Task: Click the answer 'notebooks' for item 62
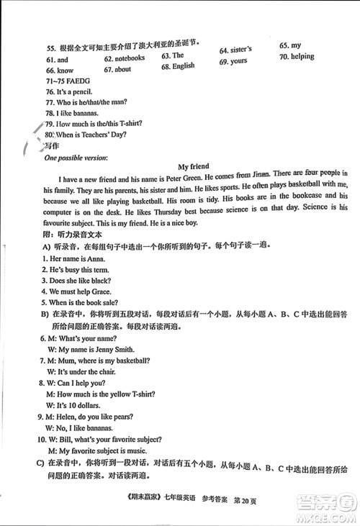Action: coord(129,59)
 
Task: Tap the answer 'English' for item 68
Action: coord(183,66)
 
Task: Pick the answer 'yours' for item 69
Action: coord(238,61)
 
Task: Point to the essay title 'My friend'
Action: coord(194,167)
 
